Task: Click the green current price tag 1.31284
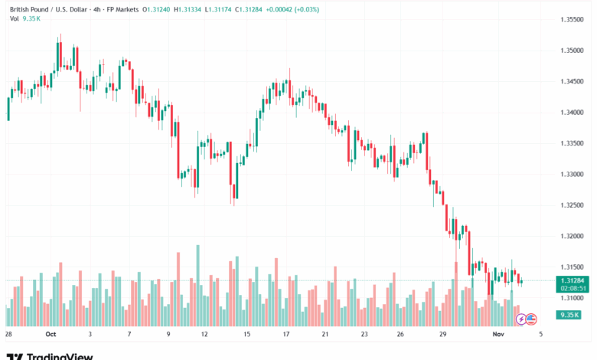click(x=573, y=281)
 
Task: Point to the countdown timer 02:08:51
click(x=573, y=289)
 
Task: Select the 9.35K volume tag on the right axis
click(x=569, y=315)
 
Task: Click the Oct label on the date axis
click(x=51, y=335)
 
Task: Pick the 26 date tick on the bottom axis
click(x=400, y=335)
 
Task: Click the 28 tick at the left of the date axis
click(x=8, y=335)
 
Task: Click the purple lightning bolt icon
click(x=521, y=318)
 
